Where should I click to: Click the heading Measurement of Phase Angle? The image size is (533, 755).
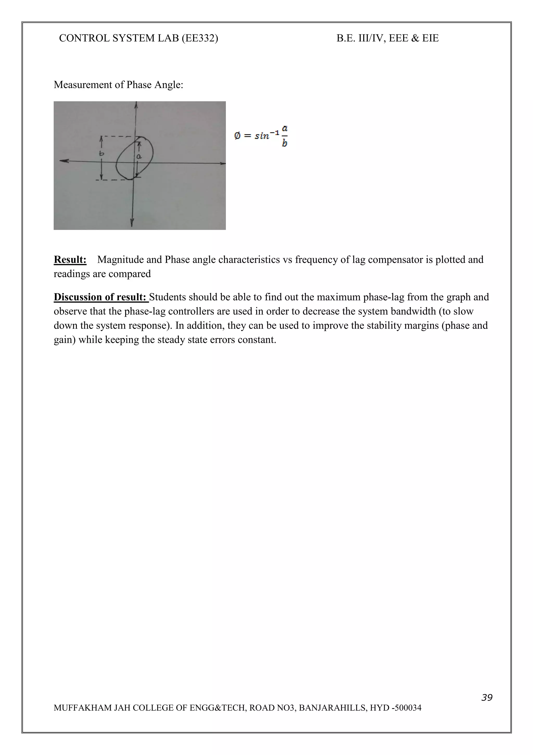118,85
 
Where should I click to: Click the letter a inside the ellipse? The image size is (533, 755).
139,157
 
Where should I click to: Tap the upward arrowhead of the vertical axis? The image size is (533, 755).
136,104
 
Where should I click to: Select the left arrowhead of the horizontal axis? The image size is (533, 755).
63,160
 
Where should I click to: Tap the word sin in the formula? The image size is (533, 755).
262,136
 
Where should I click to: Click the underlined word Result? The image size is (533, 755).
70,259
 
